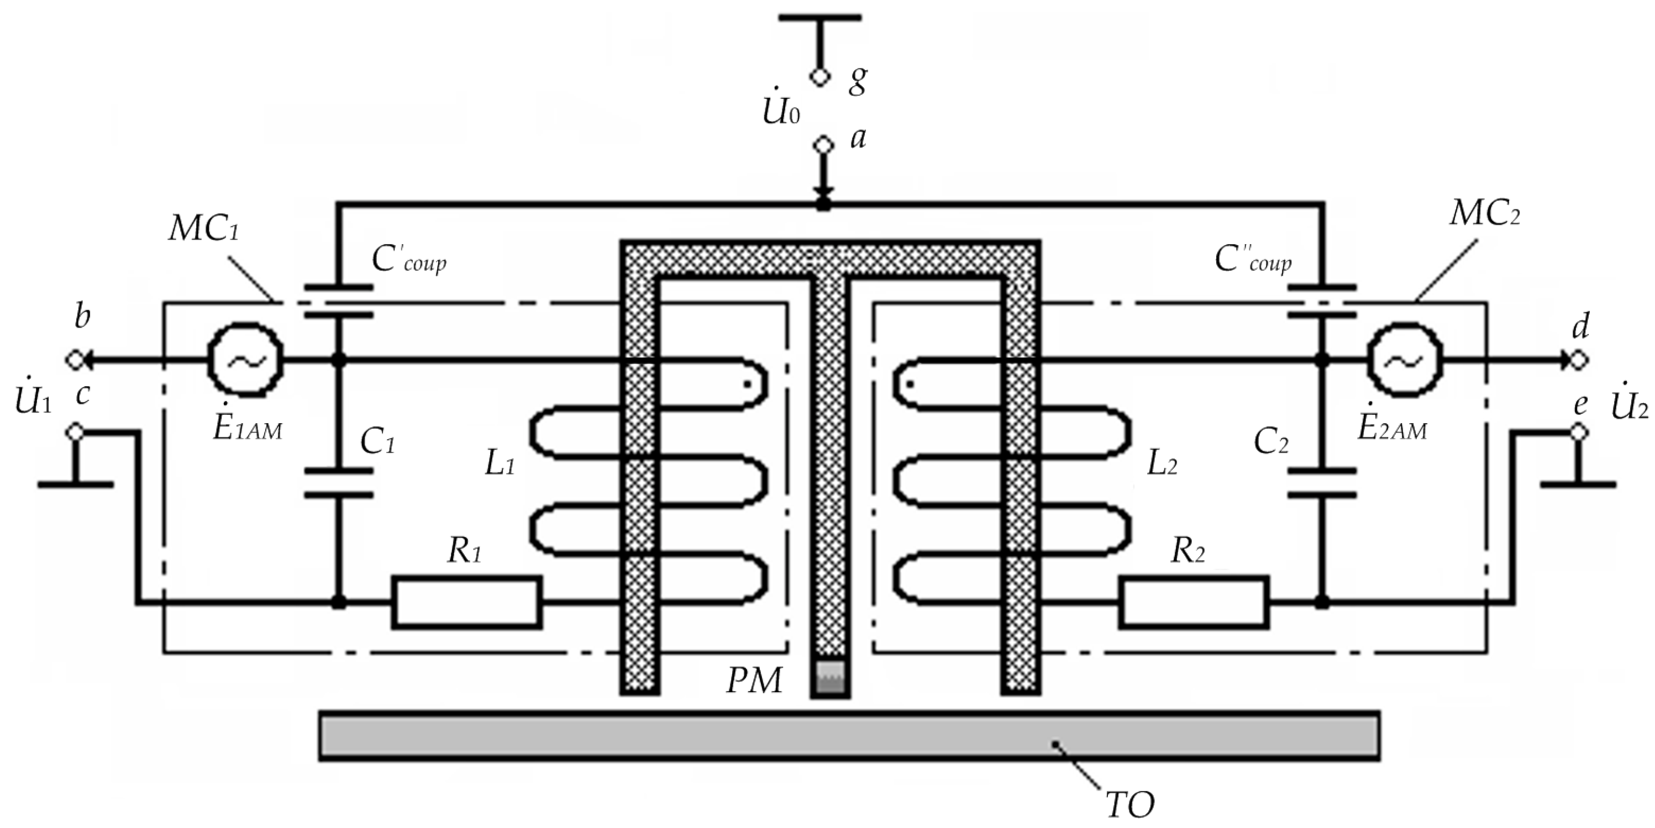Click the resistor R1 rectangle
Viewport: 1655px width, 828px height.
(467, 602)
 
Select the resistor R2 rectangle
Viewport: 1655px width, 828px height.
(1193, 602)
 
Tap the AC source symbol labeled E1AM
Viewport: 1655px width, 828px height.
(245, 360)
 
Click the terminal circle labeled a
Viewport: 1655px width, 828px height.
(823, 145)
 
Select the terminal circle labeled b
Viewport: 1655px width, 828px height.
(76, 360)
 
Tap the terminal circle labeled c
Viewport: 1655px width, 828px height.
(76, 433)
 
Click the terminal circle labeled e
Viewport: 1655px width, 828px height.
(1579, 433)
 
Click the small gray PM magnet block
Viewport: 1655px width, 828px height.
(830, 678)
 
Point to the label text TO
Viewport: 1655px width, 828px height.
(1130, 804)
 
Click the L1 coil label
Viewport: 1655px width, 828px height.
(499, 465)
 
